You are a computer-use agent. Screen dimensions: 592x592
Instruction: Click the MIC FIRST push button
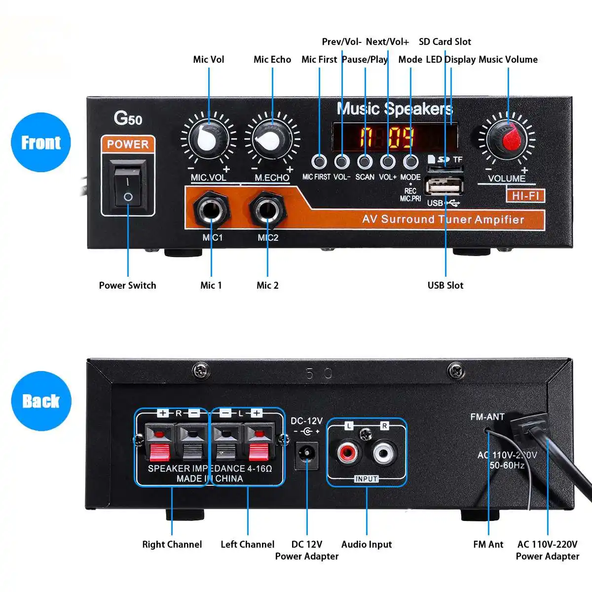click(x=319, y=161)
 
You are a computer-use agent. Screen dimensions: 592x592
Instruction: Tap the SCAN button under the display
click(x=365, y=161)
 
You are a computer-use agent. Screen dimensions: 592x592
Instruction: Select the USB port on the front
click(x=444, y=187)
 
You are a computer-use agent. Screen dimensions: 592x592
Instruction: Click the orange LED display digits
click(x=387, y=137)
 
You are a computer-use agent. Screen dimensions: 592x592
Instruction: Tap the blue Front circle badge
click(x=41, y=142)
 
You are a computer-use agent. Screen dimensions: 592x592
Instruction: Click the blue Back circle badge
click(x=41, y=401)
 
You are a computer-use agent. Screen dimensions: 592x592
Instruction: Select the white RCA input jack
click(x=385, y=452)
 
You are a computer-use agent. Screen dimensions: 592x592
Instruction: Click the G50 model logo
click(x=128, y=118)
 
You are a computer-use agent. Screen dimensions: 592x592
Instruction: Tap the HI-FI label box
click(x=525, y=196)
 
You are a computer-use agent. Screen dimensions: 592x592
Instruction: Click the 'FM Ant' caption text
click(x=488, y=544)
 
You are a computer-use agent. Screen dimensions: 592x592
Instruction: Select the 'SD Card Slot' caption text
click(x=444, y=41)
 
